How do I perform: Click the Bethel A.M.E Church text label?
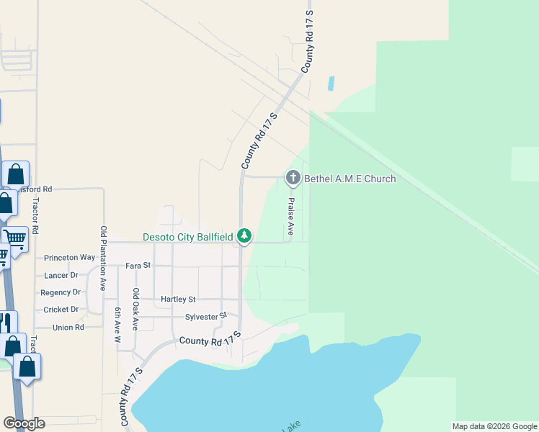point(350,179)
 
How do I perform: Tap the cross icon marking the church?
point(293,177)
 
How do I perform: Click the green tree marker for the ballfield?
point(245,235)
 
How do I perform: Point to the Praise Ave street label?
point(291,216)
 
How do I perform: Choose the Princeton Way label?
point(69,257)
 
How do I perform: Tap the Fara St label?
point(138,265)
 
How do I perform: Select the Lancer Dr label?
point(61,275)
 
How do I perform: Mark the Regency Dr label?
point(61,292)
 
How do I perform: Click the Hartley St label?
point(178,299)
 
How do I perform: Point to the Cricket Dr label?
point(61,310)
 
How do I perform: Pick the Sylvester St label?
point(206,315)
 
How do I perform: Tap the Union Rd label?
point(68,327)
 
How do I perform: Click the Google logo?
point(24,423)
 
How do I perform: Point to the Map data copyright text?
point(494,426)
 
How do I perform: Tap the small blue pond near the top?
point(331,84)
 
